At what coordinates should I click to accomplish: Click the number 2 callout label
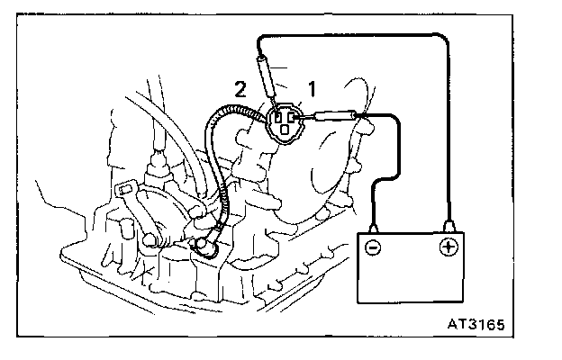(x=240, y=88)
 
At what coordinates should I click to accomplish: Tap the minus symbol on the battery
(x=373, y=245)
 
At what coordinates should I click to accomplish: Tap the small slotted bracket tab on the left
(x=127, y=191)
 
